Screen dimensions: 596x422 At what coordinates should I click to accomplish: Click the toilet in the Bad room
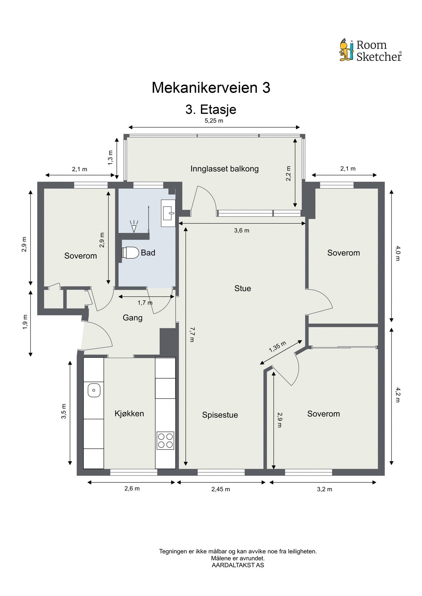tap(130, 253)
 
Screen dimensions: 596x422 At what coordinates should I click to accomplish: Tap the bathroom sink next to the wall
tap(168, 213)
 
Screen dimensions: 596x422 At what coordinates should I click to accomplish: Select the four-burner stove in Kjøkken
tap(165, 440)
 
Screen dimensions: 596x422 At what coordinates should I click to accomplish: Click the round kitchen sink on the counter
tap(94, 390)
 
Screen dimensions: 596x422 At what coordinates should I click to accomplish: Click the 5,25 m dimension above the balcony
tap(214, 121)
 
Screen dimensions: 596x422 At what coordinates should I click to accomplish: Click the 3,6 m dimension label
tap(242, 230)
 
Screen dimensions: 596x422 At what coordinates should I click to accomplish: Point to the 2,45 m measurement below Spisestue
tap(221, 489)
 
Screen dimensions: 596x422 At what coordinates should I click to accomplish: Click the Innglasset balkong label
tap(224, 169)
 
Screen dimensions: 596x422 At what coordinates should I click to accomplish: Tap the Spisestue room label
tap(220, 415)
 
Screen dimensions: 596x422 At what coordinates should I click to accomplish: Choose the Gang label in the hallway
tap(133, 318)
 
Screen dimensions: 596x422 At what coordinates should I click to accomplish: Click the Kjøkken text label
tap(129, 413)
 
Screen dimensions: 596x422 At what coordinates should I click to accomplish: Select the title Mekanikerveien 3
tap(211, 88)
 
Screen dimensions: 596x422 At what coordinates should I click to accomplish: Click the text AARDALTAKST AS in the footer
tap(238, 565)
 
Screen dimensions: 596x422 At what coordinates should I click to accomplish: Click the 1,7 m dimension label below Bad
tap(145, 303)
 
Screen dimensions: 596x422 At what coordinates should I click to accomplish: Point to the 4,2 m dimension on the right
tap(397, 395)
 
